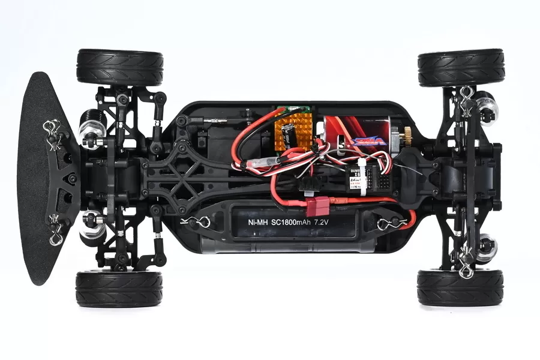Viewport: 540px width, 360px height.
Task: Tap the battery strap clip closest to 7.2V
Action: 386,224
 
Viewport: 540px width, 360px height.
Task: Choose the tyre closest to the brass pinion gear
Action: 461,67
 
